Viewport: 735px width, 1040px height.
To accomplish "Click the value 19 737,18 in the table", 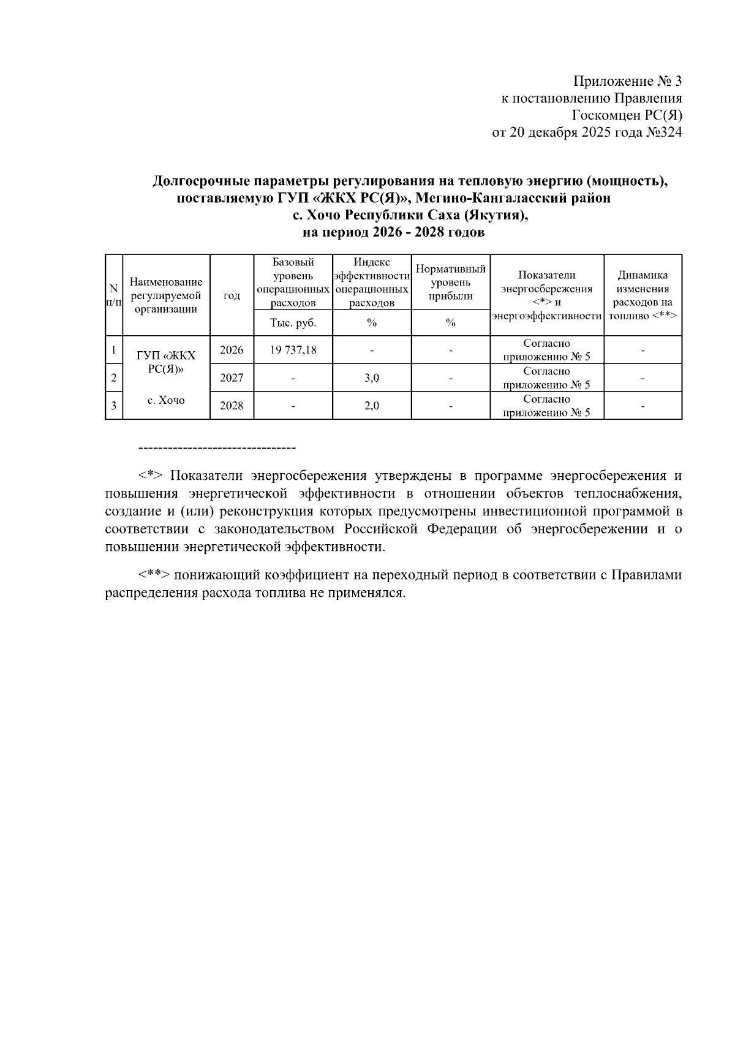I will point(293,350).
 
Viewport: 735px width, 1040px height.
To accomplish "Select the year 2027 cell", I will point(232,378).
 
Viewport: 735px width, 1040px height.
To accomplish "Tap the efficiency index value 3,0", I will point(371,378).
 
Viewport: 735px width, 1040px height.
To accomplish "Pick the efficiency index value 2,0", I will point(371,406).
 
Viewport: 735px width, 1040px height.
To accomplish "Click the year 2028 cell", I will point(232,406).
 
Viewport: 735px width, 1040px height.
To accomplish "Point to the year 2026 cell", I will point(232,350).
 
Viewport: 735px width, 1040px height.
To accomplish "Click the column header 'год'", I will point(232,295).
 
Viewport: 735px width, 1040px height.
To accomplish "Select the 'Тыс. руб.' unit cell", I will point(293,322).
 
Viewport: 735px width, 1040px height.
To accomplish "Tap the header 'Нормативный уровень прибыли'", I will point(450,282).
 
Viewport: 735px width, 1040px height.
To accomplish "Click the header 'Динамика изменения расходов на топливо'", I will point(643,295).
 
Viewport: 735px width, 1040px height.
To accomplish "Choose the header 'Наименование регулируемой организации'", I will point(166,295).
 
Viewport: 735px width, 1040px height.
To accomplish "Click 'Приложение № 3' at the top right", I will point(627,82).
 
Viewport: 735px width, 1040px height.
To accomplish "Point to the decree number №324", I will point(663,132).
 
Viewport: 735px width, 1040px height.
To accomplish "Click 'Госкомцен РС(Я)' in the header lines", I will point(627,115).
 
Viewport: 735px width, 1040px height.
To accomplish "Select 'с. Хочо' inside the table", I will point(166,400).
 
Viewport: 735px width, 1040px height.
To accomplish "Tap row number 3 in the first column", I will point(114,406).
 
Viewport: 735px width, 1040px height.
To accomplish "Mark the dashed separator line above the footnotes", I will point(217,449).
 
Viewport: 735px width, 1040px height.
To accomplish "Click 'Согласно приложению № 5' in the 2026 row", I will point(546,350).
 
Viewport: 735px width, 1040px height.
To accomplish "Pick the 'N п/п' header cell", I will point(114,295).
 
